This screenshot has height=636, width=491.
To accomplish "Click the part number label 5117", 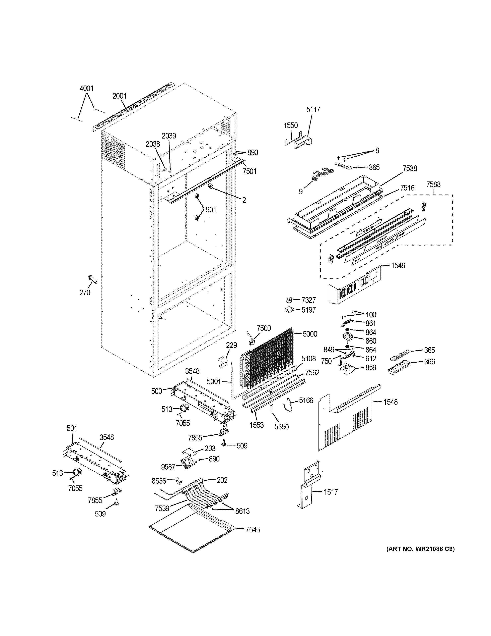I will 313,110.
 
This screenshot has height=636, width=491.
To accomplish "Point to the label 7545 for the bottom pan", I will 253,530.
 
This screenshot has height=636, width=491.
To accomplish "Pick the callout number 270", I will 85,293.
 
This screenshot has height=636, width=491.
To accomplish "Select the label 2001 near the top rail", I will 120,96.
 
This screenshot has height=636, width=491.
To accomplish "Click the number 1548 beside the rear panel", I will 390,402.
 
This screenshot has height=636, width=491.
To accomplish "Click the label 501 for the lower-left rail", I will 72,428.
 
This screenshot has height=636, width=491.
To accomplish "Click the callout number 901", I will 211,210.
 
